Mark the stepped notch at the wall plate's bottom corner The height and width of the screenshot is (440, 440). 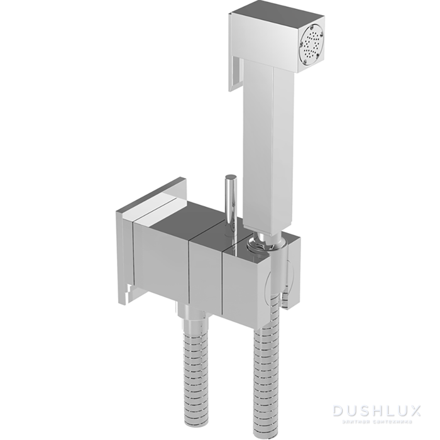tap(129, 290)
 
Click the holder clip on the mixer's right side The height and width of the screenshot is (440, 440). tap(287, 277)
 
